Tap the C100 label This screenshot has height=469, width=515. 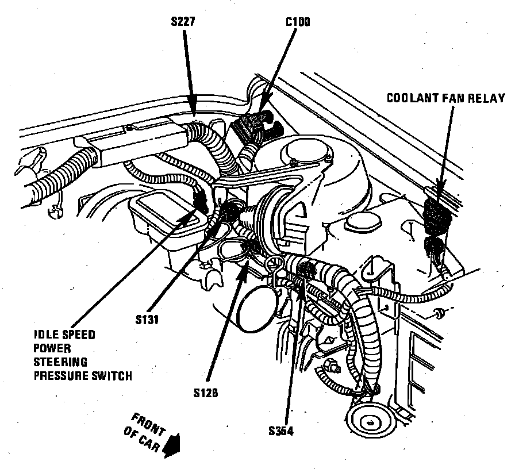tap(298, 23)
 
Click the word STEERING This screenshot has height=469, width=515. tap(60, 362)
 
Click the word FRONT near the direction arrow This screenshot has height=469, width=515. tap(146, 422)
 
